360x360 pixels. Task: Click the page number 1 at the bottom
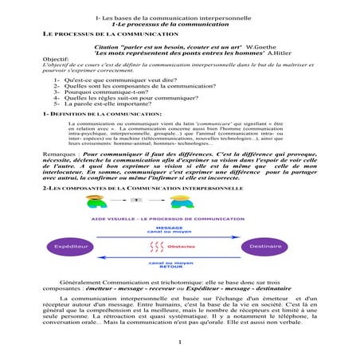click(x=180, y=342)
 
